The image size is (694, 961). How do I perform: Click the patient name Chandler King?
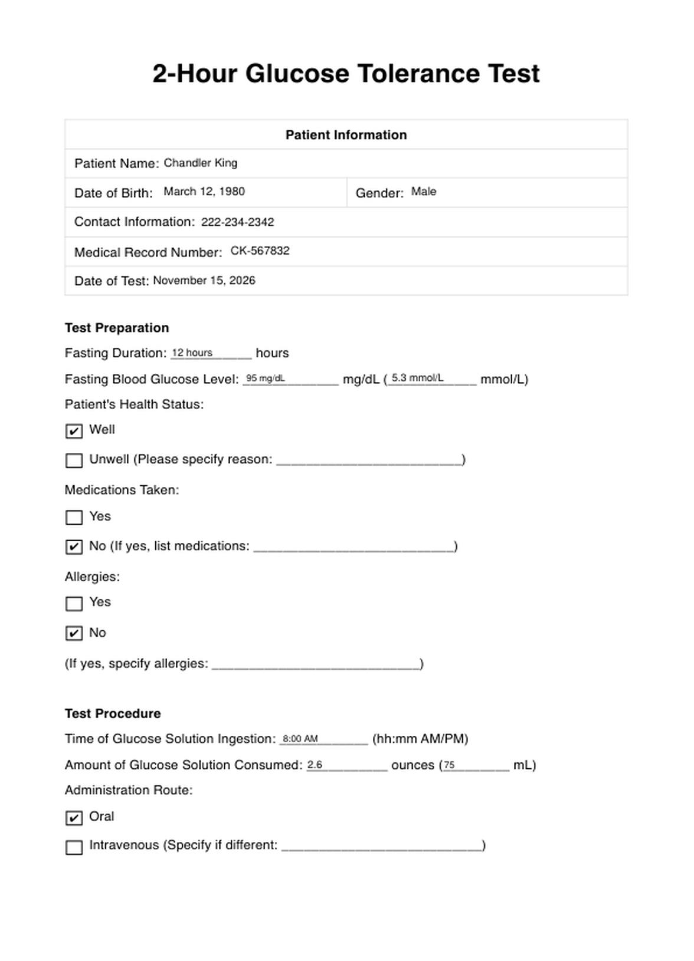[x=200, y=163]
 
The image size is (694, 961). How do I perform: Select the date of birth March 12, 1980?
[x=204, y=192]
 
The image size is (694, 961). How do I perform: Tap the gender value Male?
[x=423, y=192]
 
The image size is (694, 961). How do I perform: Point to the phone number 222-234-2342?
[x=237, y=222]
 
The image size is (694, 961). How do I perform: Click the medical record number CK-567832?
[x=260, y=251]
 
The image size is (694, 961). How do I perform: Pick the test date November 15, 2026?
[x=204, y=281]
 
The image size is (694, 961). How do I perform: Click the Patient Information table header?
[x=346, y=135]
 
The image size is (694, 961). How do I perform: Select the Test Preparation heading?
[x=117, y=328]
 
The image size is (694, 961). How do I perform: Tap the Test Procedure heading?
[x=113, y=713]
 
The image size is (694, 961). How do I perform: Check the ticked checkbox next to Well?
[x=74, y=431]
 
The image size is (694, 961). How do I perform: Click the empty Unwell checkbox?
[x=74, y=460]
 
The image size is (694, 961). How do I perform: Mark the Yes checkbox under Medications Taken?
[x=74, y=518]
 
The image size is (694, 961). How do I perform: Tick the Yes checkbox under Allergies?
[x=74, y=604]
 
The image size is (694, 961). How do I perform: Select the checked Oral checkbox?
[x=74, y=818]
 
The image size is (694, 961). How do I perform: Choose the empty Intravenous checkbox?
[x=74, y=847]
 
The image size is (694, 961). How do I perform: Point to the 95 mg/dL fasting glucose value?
[x=265, y=379]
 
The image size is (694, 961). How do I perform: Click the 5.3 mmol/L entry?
[x=417, y=379]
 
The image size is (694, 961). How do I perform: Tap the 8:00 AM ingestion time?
[x=300, y=739]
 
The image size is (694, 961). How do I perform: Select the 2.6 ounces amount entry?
[x=315, y=765]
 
